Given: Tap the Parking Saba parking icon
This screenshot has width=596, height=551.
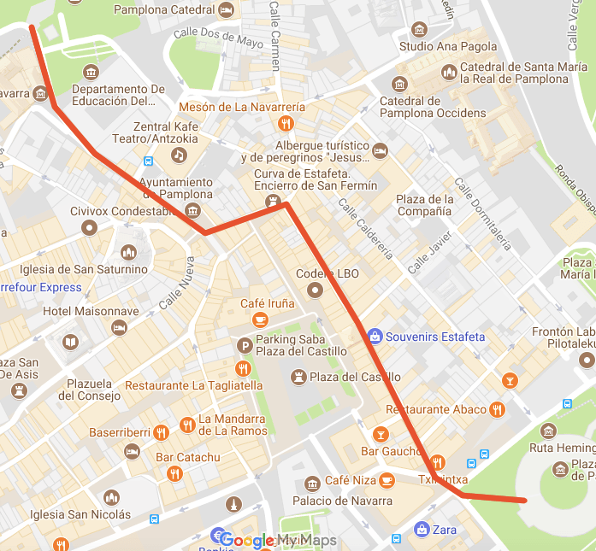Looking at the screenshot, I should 245,345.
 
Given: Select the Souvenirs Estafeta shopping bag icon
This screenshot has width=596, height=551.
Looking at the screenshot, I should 374,337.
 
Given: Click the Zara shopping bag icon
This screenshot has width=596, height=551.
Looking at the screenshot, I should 421,530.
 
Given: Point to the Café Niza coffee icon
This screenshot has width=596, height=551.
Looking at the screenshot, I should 387,480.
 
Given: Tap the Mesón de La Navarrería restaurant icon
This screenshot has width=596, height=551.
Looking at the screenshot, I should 286,124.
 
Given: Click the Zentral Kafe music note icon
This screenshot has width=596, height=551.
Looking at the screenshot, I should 178,155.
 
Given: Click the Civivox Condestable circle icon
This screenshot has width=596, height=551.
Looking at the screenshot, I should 89,227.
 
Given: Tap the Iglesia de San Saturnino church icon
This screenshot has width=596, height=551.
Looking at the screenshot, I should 128,253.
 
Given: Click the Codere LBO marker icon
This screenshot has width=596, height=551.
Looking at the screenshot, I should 315,290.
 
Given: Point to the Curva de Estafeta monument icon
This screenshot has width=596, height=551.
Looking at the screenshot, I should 273,202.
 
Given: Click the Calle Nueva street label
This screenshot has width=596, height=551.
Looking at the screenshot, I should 177,285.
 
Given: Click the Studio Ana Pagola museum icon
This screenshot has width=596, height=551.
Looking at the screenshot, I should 419,30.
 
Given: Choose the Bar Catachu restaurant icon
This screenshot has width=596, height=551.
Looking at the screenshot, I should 174,473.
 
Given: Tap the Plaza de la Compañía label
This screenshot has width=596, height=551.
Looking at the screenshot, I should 424,205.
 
